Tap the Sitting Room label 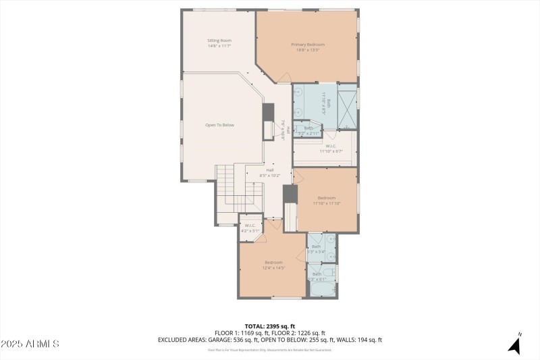point(219,41)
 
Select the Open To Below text point(219,125)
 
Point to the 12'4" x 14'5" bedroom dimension point(274,268)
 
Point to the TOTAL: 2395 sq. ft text point(270,326)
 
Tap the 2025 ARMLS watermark point(30,344)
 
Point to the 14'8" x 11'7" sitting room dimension point(219,46)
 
